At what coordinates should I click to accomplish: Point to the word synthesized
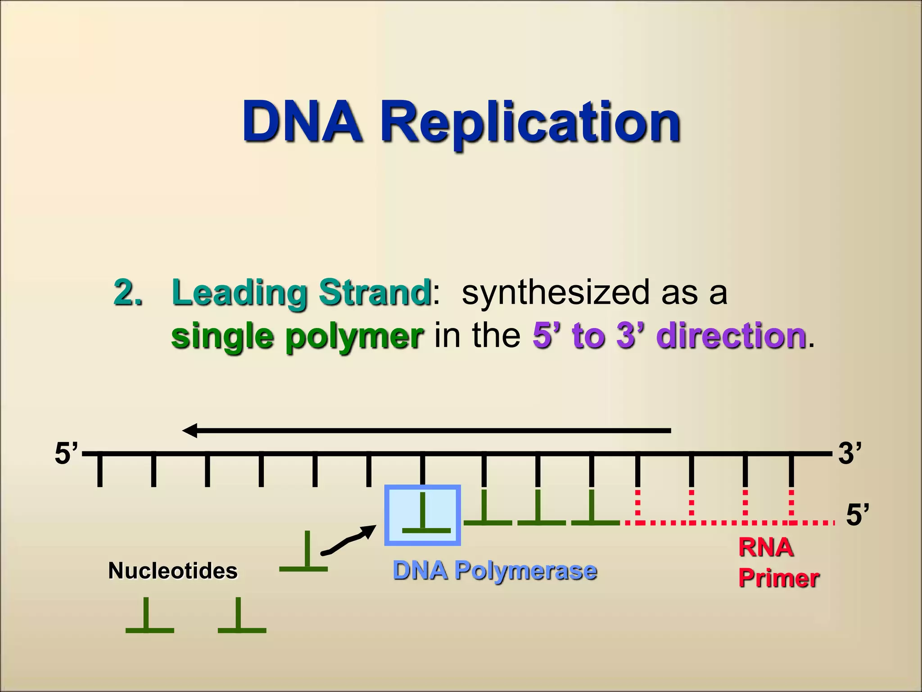(x=556, y=293)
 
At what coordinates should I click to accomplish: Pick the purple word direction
(x=731, y=336)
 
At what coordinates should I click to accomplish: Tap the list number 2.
(x=128, y=293)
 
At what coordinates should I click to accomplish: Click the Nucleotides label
(x=173, y=571)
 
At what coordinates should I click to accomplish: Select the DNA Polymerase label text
(x=495, y=570)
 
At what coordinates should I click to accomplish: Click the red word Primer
(x=778, y=578)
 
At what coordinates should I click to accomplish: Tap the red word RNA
(x=766, y=548)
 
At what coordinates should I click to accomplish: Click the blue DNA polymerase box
(x=422, y=515)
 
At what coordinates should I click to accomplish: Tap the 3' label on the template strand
(x=849, y=453)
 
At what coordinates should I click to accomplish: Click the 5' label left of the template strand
(x=66, y=453)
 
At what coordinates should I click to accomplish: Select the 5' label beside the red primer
(x=857, y=515)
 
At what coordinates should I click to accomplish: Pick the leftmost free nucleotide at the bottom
(x=149, y=617)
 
